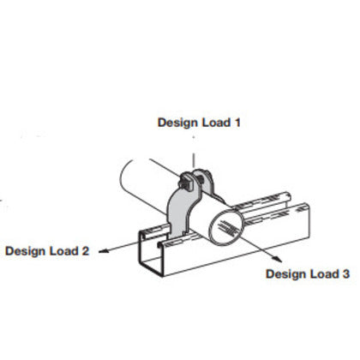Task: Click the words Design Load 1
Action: coord(199,123)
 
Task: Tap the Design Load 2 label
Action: coord(47,251)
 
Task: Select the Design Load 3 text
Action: coord(308,274)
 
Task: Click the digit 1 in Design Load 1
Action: coord(237,123)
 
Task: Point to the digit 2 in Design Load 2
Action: coord(86,251)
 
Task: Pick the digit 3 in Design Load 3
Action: coord(345,274)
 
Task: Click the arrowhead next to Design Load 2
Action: coord(104,251)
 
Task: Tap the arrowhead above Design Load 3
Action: coord(277,259)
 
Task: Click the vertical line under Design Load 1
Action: coord(194,160)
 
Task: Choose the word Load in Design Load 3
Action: coord(324,274)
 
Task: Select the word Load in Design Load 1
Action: coord(216,123)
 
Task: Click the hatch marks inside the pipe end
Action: coord(228,227)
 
